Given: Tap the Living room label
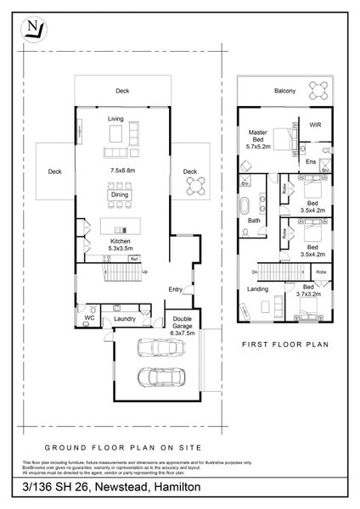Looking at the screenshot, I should point(116,120).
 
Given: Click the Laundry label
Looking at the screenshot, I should point(125,319).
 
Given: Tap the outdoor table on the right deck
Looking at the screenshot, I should point(195,184).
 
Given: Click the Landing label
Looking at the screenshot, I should point(256,288).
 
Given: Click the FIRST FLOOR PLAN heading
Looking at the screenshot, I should point(284,346).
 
